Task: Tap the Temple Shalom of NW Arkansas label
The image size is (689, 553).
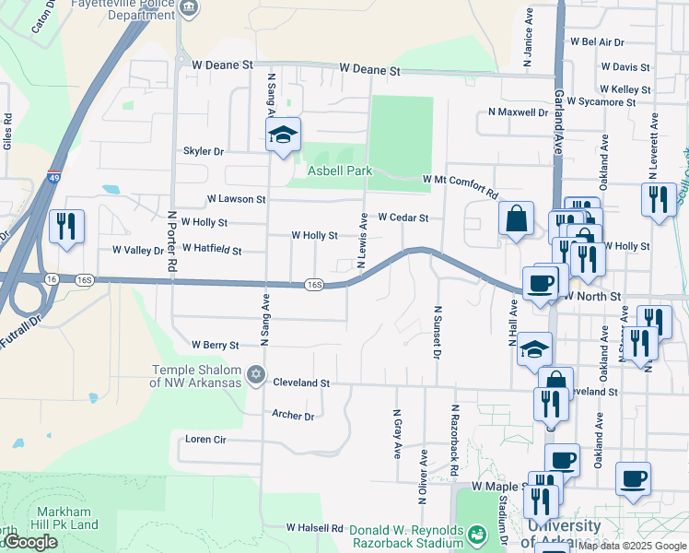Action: point(197,377)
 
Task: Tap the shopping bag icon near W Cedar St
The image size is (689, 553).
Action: point(517,219)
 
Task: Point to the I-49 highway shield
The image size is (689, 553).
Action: point(53,176)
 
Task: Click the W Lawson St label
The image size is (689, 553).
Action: point(236,198)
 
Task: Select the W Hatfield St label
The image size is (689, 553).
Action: point(212,249)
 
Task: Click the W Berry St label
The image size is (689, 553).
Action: point(215,345)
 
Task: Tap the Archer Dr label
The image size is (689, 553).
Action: point(293,416)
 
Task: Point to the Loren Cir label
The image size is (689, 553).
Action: point(205,439)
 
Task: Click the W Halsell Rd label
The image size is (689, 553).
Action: point(314,528)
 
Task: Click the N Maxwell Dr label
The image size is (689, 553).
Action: point(518,112)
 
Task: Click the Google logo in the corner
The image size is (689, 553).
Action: point(29,542)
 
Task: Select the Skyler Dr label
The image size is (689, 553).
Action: point(204,151)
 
